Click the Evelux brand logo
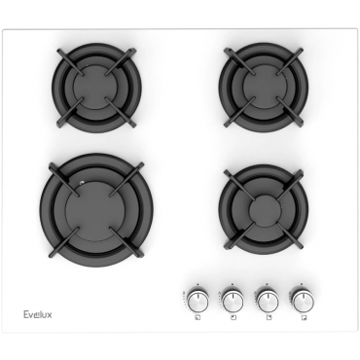click(x=38, y=314)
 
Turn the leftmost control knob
click(x=198, y=301)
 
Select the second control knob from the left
click(x=233, y=301)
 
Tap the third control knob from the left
click(x=268, y=301)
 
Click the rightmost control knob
click(x=303, y=301)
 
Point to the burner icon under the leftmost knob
click(x=198, y=318)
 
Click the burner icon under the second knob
click(x=233, y=318)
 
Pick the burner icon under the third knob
click(x=269, y=318)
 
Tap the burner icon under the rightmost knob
click(x=304, y=318)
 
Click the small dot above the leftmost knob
click(x=198, y=284)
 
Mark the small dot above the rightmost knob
click(x=302, y=284)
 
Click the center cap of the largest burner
click(x=95, y=211)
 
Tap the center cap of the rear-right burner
click(x=264, y=87)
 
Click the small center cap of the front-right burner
click(x=265, y=211)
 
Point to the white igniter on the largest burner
click(x=82, y=183)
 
